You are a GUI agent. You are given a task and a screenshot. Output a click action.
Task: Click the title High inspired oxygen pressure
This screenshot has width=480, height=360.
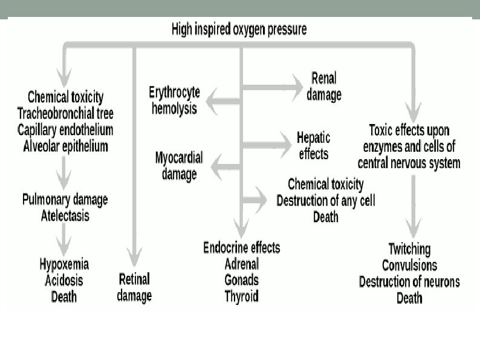239,28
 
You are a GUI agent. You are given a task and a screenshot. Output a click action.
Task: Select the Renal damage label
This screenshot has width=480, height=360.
324,87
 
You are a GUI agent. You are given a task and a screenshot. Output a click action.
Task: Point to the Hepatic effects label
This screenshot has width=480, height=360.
313,145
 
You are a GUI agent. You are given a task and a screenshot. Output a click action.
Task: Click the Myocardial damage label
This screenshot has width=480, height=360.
179,166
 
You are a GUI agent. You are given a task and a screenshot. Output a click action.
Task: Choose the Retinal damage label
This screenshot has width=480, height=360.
134,287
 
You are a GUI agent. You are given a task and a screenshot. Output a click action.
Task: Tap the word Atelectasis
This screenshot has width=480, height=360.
65,215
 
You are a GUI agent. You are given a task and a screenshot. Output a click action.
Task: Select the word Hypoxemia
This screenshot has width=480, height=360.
64,265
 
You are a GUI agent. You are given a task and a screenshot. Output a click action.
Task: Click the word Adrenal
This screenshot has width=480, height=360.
241,264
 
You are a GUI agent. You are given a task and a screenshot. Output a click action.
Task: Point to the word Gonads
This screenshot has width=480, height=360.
241,280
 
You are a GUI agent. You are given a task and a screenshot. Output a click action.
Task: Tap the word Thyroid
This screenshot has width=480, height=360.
241,296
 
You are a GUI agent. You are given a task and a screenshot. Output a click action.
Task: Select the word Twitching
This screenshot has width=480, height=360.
409,249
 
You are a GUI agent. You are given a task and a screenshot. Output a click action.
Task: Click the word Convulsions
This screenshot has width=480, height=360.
409,265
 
